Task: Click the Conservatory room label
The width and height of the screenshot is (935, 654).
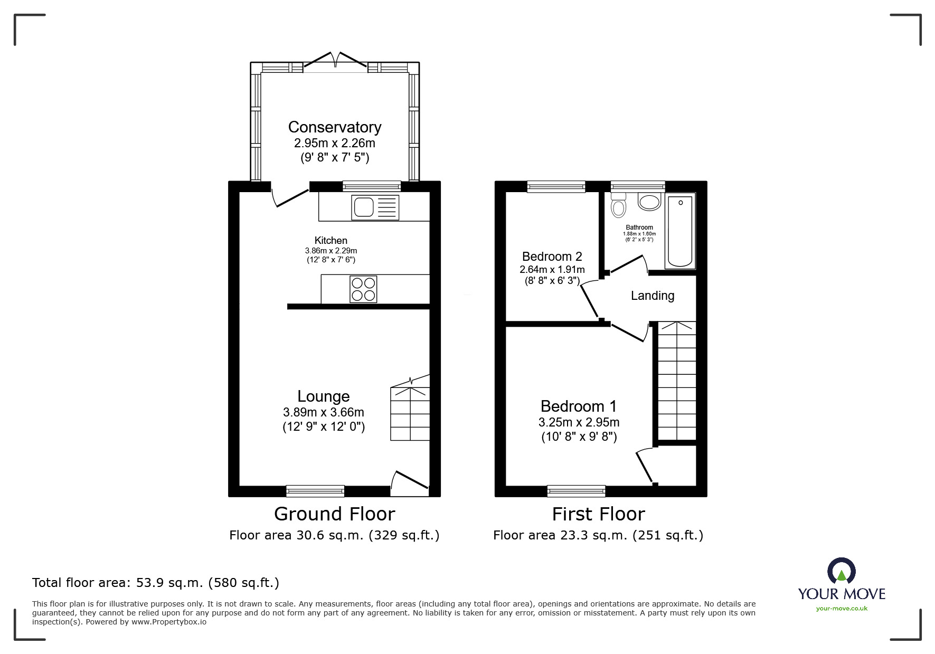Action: coord(335,127)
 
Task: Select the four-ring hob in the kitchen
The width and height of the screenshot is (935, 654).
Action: coord(363,289)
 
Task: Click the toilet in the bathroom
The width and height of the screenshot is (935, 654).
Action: coord(618,205)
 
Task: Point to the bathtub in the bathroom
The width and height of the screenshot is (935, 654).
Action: coord(680,231)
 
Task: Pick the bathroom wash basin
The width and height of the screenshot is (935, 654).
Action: coord(649,201)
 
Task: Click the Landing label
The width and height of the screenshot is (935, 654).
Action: coord(653,296)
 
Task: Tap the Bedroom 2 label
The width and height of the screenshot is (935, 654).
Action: coord(552,257)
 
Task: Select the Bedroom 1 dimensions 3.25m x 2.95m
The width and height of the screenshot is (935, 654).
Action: coord(579,422)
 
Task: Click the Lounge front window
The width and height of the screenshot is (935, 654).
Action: coord(315,491)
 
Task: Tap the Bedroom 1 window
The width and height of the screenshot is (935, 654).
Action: coord(576,491)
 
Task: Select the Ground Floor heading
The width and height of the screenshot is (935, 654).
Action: coord(334,514)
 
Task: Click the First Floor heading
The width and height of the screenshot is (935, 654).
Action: coord(598,514)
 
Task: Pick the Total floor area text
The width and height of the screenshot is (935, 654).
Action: coord(156,583)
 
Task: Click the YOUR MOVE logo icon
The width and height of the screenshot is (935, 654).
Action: coord(841,571)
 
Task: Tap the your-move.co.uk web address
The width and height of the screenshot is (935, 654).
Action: coord(842,609)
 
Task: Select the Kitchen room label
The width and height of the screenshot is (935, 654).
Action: coord(331,241)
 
